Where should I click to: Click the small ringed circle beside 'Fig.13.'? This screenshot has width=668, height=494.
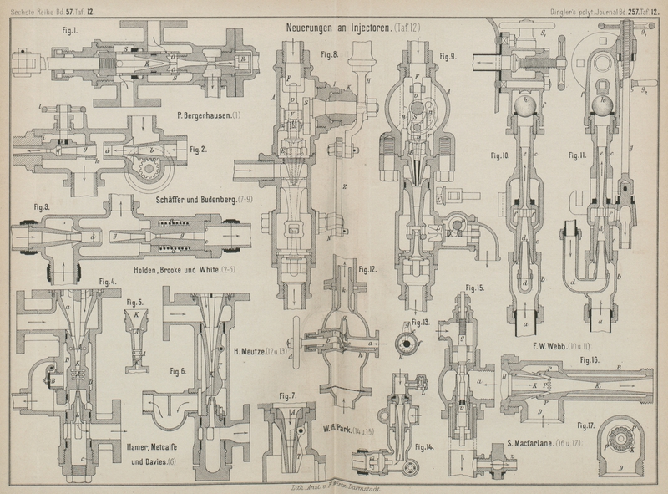click(406, 340)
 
